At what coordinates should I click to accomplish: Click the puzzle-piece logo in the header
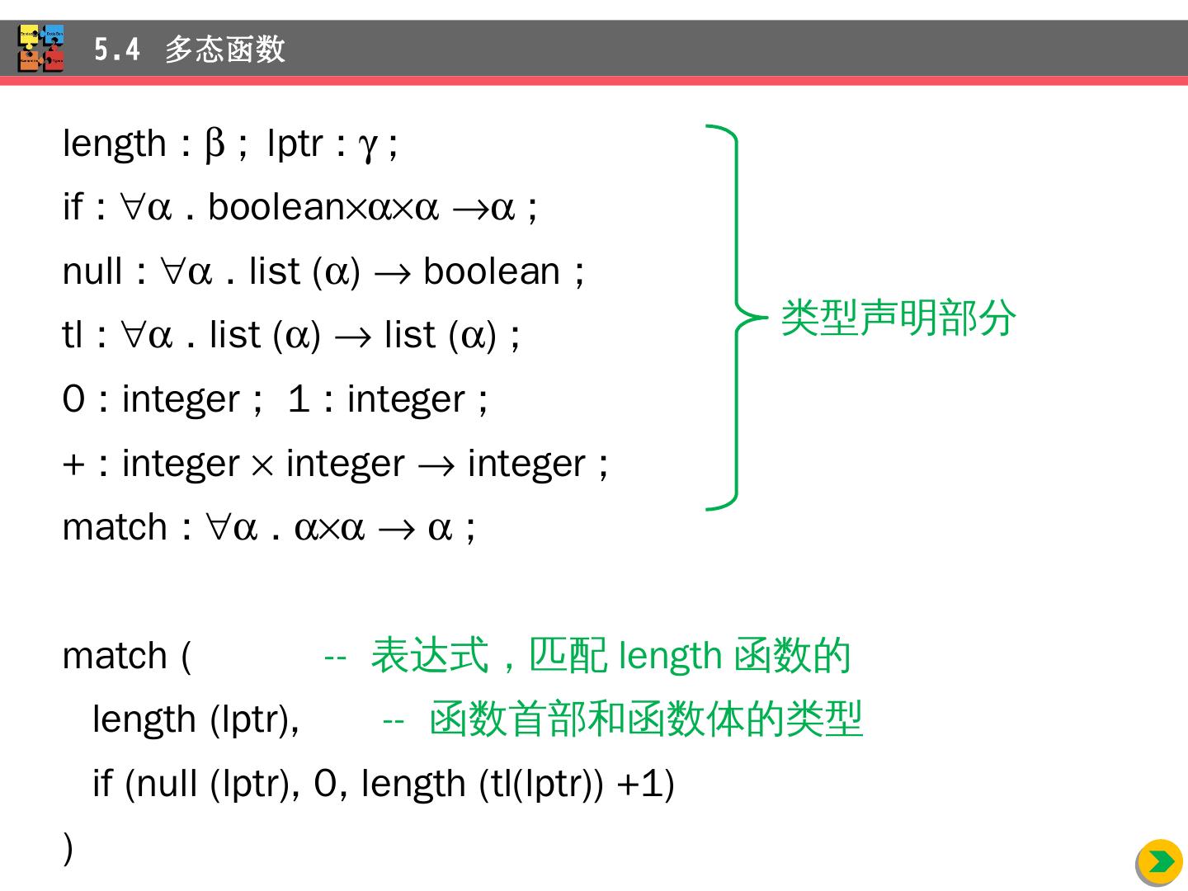(x=41, y=49)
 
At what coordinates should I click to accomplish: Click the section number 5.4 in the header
(x=116, y=49)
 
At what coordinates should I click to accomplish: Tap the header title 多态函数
(x=224, y=49)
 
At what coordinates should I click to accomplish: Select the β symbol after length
(x=214, y=144)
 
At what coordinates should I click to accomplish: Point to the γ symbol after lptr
(x=367, y=146)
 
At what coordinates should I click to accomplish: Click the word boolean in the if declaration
(x=276, y=207)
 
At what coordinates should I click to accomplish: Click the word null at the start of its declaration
(x=92, y=271)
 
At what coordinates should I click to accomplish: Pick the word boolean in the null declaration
(x=492, y=271)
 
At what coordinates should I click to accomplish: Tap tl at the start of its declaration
(x=73, y=335)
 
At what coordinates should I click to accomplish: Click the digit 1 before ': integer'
(x=299, y=399)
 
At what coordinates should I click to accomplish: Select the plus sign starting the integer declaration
(x=73, y=464)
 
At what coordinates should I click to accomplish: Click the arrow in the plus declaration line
(x=436, y=465)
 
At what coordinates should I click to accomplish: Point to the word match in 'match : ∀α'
(x=115, y=527)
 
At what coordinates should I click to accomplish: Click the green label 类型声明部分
(x=898, y=318)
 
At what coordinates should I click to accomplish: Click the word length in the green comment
(x=670, y=656)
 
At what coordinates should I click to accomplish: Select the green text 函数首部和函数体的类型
(x=646, y=719)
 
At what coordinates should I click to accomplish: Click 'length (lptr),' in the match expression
(x=196, y=719)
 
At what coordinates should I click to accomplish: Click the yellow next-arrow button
(x=1159, y=862)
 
